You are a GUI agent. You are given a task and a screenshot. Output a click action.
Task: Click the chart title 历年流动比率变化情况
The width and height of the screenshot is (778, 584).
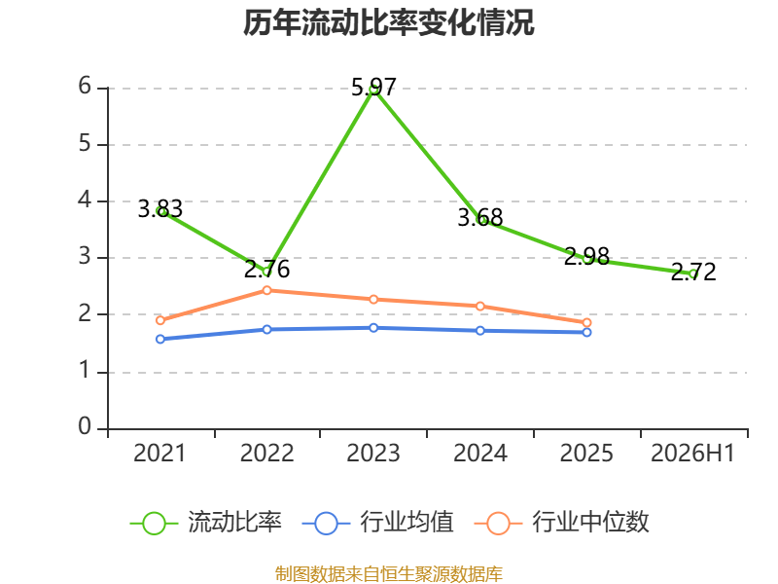[388, 22]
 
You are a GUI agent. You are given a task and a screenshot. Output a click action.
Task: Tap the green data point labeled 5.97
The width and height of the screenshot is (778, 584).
[373, 91]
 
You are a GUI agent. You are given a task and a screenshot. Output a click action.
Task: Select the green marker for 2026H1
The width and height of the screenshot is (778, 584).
[693, 274]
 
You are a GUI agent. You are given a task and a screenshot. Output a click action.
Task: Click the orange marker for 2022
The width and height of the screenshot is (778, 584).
[266, 290]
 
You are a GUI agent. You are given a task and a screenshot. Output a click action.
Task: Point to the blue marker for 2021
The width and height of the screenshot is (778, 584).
[160, 339]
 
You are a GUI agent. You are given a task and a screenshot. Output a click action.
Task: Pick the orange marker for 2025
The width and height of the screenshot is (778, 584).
[587, 323]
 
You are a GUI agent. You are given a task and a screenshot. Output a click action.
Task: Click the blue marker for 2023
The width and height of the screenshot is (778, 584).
[373, 328]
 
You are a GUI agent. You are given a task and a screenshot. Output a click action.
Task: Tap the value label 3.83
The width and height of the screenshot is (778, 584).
[159, 209]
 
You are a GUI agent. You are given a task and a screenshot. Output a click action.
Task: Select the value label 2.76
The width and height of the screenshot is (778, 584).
[266, 270]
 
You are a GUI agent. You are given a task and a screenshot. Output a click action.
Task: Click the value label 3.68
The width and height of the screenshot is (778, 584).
[480, 217]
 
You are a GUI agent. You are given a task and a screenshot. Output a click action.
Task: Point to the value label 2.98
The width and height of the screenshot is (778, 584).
[587, 256]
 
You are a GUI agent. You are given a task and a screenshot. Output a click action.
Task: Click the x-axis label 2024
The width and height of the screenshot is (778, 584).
[480, 453]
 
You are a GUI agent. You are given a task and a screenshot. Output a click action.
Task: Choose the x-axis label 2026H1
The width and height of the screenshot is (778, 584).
[692, 453]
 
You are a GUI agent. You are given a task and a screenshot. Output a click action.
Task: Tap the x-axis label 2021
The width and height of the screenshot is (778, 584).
[159, 453]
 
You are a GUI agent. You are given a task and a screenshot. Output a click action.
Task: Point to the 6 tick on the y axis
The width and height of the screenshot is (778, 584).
[85, 86]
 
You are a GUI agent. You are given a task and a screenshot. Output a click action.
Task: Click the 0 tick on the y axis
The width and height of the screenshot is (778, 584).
[85, 426]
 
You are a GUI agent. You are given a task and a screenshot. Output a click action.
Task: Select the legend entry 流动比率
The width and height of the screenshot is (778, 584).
[206, 523]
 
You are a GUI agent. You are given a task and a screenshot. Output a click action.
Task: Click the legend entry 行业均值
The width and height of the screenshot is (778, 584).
[377, 523]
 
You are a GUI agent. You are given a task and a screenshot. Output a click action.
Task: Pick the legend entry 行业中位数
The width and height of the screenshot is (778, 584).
[562, 523]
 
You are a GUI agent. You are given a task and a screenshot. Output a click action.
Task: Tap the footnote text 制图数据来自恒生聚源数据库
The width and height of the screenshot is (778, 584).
[389, 574]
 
